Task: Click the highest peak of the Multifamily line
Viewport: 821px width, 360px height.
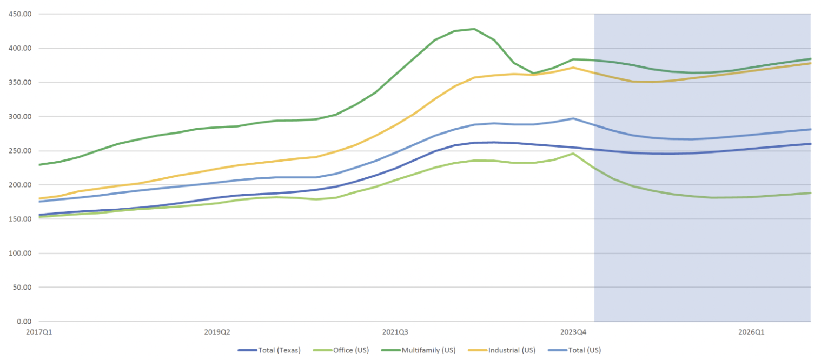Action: point(474,29)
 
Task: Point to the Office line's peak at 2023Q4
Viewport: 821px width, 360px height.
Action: point(573,154)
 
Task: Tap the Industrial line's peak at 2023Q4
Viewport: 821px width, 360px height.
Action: point(573,68)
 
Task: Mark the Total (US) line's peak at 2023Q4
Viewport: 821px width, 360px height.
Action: point(573,118)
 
